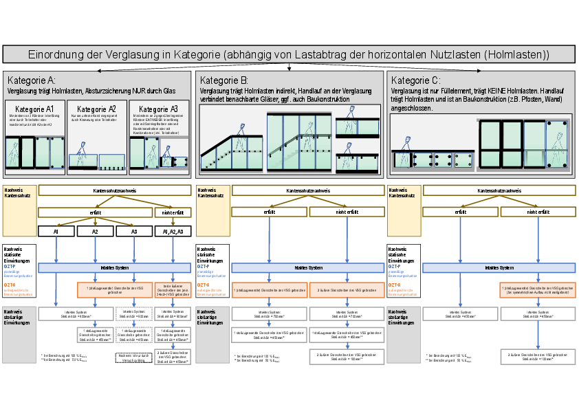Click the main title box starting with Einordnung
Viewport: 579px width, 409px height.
tap(289, 54)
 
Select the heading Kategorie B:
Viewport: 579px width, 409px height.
tap(220, 80)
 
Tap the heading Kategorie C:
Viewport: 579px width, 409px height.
tap(411, 80)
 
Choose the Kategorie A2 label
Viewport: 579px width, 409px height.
tap(96, 109)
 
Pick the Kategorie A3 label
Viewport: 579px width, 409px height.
tap(159, 109)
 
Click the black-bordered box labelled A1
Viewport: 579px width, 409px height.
tap(56, 232)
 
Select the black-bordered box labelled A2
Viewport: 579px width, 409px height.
tap(95, 232)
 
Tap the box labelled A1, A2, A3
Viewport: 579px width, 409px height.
tap(173, 232)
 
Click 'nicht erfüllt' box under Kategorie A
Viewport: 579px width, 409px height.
tap(173, 212)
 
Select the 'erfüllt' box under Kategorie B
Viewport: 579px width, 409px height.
tap(270, 212)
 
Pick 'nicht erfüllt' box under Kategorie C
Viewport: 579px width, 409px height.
tap(538, 212)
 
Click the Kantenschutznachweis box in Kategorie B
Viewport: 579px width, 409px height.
tap(307, 191)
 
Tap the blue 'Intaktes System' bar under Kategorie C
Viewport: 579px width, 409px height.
tap(499, 268)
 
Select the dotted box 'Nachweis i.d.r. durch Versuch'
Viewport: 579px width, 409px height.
tap(133, 357)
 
